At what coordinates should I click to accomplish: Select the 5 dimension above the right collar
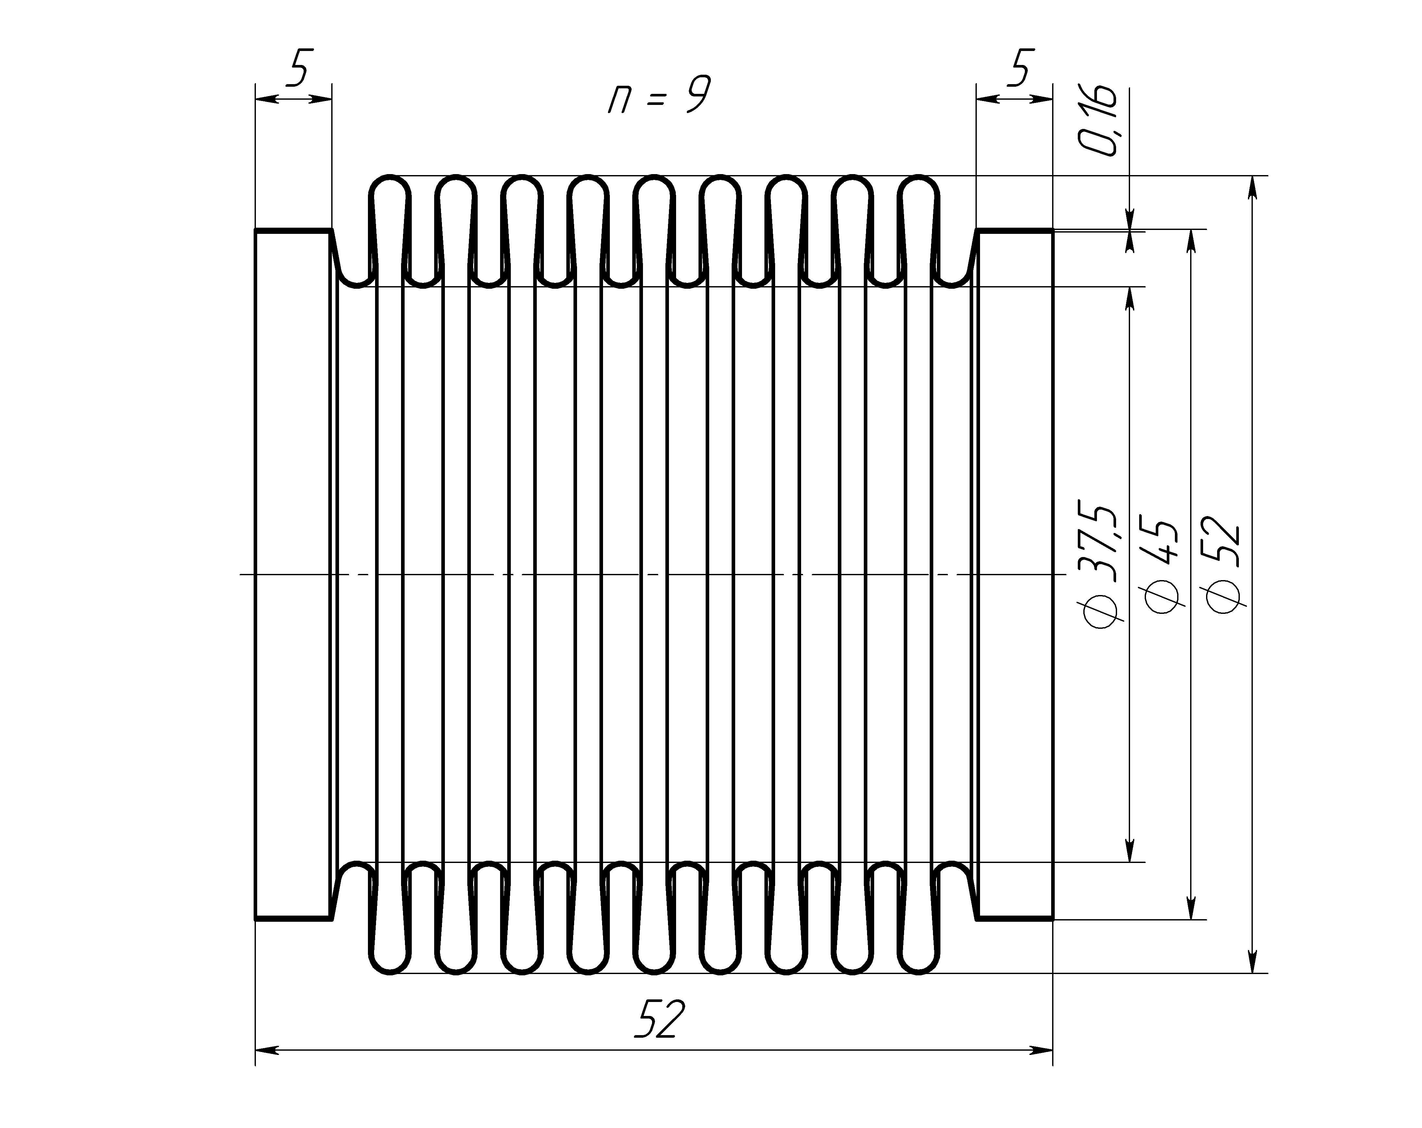(x=1020, y=67)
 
